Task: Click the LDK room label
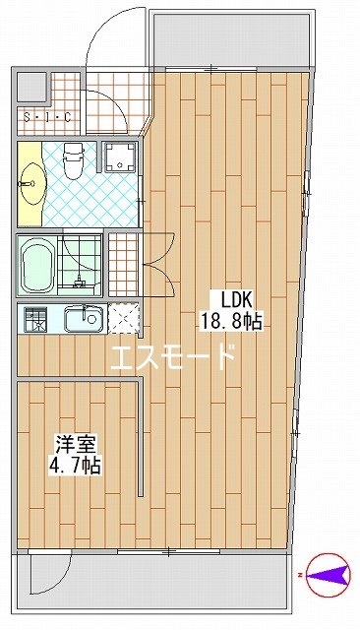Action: pos(236,299)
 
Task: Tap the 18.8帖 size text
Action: pos(231,322)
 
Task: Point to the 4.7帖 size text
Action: pos(74,466)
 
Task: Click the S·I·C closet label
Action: pos(47,118)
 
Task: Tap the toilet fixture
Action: pos(73,160)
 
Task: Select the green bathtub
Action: pos(37,265)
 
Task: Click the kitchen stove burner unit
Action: pos(35,319)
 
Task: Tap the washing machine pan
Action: pos(120,157)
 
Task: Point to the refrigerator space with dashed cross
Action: pos(125,319)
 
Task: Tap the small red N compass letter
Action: pos(300,576)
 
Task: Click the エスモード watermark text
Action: pos(172,357)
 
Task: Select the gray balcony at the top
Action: pos(232,40)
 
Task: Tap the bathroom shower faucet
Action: pos(80,283)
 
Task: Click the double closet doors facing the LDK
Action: pos(159,265)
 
